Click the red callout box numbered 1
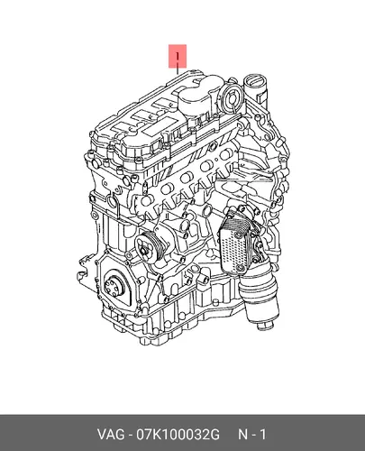point(178,56)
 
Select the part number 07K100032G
point(178,435)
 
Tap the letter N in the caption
point(242,435)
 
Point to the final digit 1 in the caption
point(262,435)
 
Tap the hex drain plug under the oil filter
point(266,325)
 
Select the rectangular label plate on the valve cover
point(154,129)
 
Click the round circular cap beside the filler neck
point(231,94)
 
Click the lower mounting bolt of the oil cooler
point(239,268)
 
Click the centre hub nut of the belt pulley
point(143,250)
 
